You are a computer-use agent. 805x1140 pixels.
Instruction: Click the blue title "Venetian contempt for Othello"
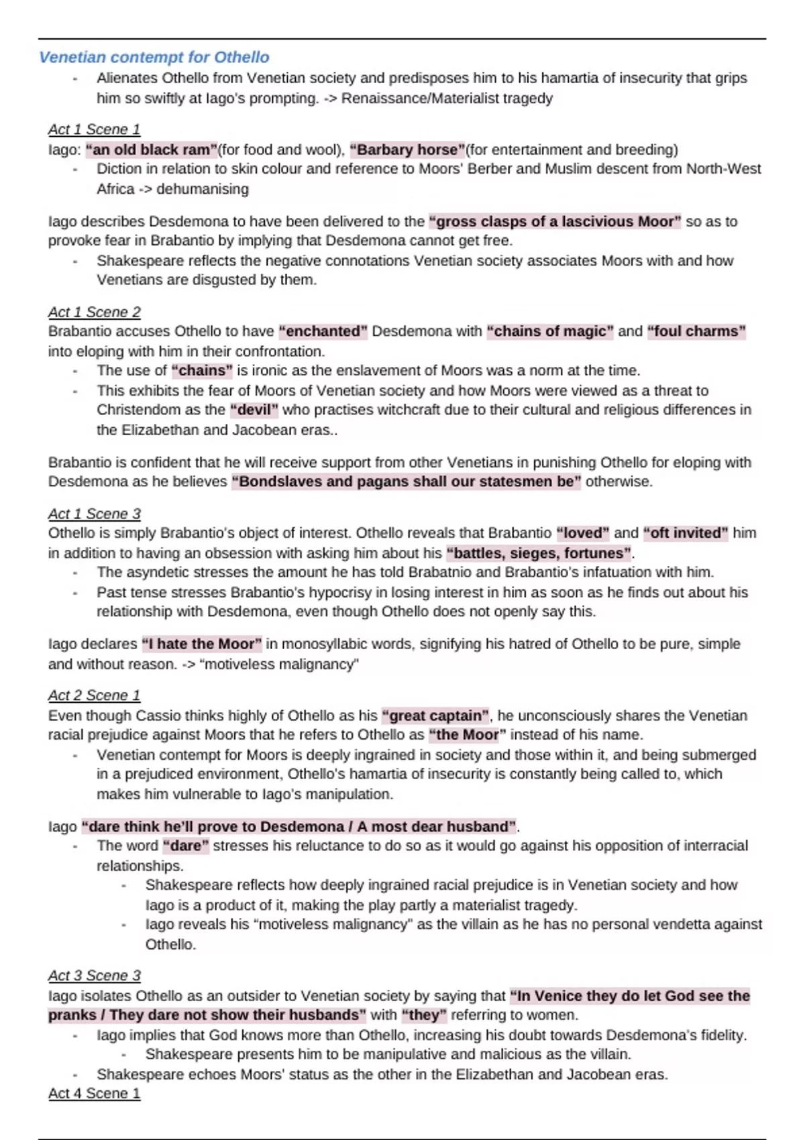154,58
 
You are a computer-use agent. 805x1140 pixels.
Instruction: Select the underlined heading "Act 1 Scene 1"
94,129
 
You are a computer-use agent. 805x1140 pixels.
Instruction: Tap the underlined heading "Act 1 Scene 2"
94,312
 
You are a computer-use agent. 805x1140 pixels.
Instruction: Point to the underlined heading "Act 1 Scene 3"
94,514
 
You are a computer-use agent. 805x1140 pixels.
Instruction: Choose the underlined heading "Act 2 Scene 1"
94,695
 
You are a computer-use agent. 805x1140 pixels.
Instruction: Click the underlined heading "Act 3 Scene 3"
94,976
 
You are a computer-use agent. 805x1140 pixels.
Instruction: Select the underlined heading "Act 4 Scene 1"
94,1093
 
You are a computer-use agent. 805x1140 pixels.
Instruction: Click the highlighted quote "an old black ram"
152,150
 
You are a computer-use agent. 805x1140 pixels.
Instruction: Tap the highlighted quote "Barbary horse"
407,150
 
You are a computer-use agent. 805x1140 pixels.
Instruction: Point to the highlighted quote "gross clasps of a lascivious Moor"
555,221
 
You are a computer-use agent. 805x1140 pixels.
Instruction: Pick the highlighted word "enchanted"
323,331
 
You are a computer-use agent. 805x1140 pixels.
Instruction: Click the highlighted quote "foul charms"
696,331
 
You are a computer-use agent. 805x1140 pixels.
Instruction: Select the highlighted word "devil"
254,410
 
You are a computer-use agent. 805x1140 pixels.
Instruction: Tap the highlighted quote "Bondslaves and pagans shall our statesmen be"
407,481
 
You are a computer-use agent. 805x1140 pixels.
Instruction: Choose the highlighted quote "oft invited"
685,533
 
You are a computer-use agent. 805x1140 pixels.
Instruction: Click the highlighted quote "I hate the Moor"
201,644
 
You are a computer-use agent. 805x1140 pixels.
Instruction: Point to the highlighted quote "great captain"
436,716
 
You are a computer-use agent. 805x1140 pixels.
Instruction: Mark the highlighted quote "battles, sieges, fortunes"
539,553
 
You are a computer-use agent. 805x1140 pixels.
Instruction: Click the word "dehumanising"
203,189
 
